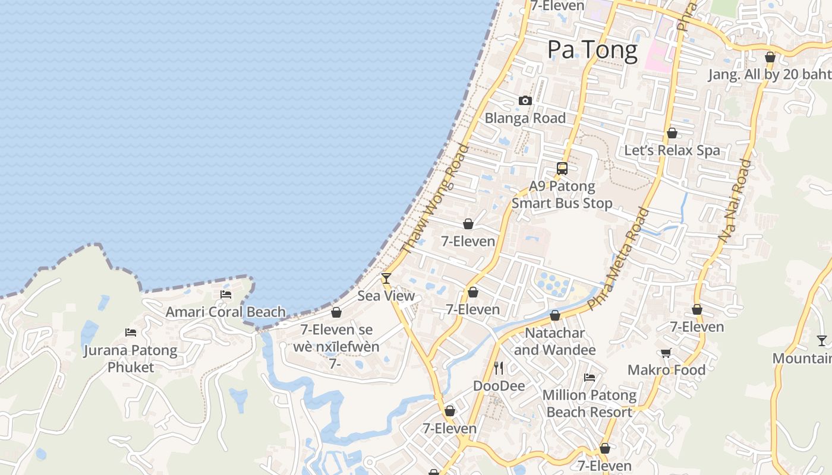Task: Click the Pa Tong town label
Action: [592, 50]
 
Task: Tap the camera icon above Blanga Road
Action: [525, 101]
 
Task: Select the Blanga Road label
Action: [525, 118]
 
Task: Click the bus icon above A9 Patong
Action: [562, 169]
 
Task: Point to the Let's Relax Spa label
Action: [672, 150]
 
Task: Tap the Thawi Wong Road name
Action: [435, 199]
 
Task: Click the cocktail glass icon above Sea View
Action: [386, 278]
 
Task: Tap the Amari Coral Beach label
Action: [225, 312]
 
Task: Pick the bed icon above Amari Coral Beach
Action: [226, 294]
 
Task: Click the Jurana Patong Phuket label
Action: [131, 359]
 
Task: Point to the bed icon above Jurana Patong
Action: [131, 332]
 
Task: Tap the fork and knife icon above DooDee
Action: [499, 368]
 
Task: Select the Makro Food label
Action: [666, 370]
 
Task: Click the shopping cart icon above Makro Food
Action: [666, 353]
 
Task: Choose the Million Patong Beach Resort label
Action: [589, 403]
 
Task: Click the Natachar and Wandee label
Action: [554, 341]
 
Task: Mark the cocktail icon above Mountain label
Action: [821, 341]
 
